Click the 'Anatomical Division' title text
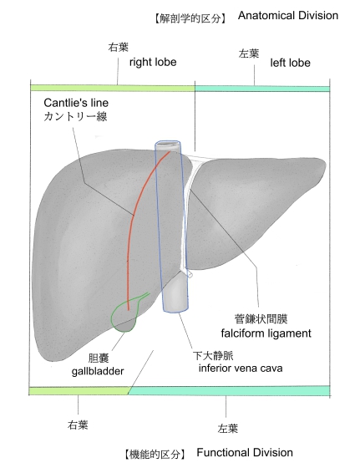coord(288,15)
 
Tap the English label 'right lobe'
coord(153,63)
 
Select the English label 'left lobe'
coord(290,63)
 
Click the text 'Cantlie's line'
coord(76,103)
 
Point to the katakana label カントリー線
coord(75,116)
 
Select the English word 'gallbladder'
coord(98,371)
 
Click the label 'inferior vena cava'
coord(241,368)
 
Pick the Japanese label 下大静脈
coord(213,356)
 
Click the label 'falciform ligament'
coord(266,333)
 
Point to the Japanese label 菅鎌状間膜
coord(261,319)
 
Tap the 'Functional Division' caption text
coord(245,452)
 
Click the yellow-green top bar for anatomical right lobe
coord(113,88)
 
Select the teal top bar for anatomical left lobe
coord(262,89)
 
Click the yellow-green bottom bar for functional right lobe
coord(79,390)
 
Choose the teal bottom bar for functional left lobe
coord(229,390)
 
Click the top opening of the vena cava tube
coord(168,144)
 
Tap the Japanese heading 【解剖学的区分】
coord(190,18)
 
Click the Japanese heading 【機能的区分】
coord(155,454)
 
